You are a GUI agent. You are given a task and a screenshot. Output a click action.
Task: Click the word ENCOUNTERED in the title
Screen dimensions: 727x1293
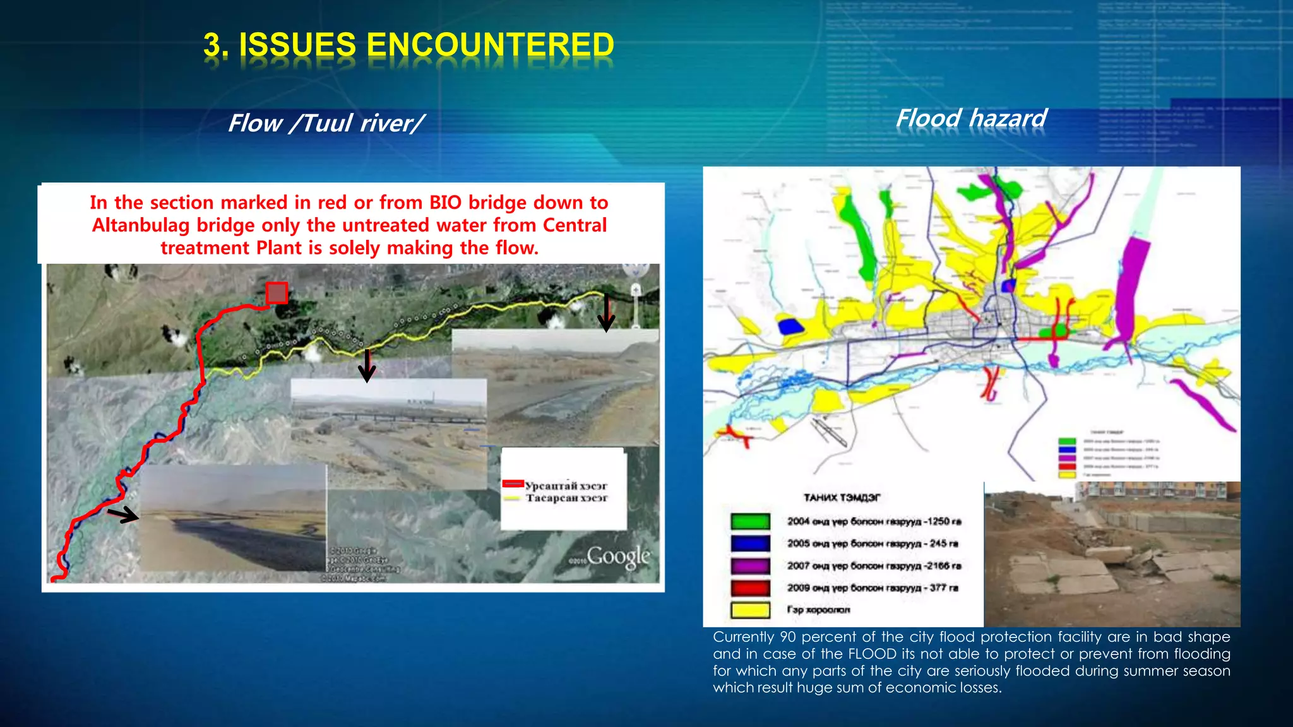490,45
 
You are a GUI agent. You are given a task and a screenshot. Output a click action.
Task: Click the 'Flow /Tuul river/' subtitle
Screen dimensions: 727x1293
326,123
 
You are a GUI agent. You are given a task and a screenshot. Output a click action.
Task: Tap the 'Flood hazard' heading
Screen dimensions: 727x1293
971,118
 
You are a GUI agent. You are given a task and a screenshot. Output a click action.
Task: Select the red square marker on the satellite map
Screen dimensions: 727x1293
277,293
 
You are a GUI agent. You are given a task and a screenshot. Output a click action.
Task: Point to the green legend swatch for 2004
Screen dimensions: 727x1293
750,521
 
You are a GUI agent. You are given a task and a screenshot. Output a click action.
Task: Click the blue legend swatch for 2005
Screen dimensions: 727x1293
750,543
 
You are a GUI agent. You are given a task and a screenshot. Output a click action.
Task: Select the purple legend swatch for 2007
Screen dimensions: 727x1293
750,565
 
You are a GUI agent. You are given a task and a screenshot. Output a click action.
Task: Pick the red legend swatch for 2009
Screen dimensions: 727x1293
750,588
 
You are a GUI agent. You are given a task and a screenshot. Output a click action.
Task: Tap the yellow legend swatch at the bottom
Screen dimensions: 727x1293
750,610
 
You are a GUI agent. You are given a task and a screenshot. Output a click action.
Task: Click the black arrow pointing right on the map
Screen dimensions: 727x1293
123,515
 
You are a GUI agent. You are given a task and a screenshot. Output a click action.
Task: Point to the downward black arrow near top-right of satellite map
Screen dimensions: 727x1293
606,312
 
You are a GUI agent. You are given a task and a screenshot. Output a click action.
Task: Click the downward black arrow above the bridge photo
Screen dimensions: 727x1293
367,366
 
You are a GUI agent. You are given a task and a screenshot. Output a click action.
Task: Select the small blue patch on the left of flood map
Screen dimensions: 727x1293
790,326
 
